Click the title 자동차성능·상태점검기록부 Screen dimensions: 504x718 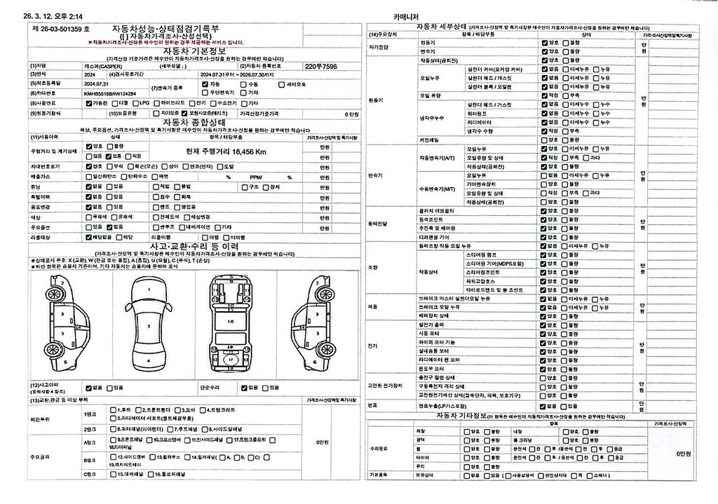(165, 28)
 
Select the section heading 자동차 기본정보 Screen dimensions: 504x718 (194, 51)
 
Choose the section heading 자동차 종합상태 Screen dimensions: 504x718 (194, 122)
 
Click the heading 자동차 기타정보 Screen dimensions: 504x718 (461, 416)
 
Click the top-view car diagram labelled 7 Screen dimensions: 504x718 (149, 325)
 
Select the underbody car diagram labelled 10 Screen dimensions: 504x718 (231, 321)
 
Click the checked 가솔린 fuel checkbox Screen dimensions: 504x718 (87, 103)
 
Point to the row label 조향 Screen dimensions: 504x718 (372, 267)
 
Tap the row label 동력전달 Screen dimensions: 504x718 (378, 223)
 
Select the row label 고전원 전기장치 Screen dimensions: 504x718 (385, 386)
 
